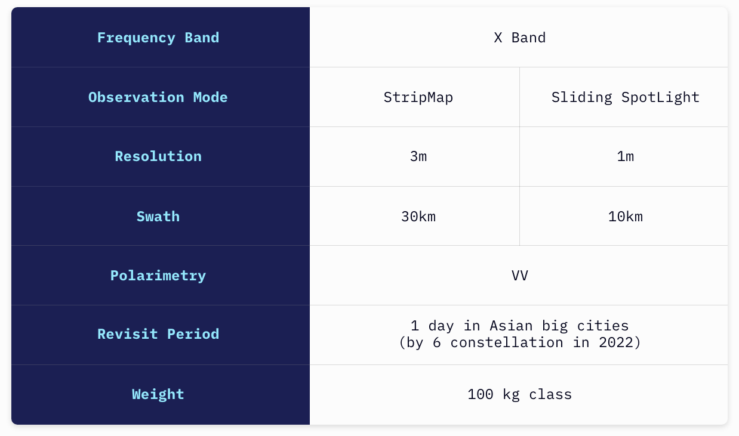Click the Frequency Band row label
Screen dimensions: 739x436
click(158, 38)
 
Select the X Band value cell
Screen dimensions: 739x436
click(519, 38)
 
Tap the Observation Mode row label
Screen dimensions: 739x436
click(158, 97)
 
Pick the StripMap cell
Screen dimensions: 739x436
click(418, 98)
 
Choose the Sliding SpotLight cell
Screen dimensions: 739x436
click(625, 98)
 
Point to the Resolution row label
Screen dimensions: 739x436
click(158, 156)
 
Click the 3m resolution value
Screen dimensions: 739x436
click(418, 156)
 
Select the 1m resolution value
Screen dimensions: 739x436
click(625, 156)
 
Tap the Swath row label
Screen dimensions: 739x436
click(158, 217)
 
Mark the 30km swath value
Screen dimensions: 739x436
click(418, 217)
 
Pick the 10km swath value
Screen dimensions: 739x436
click(625, 217)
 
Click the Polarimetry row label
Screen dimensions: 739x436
click(158, 276)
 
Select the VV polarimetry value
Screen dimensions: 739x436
click(519, 276)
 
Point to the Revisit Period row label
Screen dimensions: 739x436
click(158, 334)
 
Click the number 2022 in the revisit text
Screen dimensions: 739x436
click(615, 343)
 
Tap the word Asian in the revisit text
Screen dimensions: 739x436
click(511, 326)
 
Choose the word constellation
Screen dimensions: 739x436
click(507, 343)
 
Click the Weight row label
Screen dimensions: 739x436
click(158, 394)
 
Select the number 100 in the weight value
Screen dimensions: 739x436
click(481, 394)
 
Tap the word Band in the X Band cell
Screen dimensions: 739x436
click(528, 38)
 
